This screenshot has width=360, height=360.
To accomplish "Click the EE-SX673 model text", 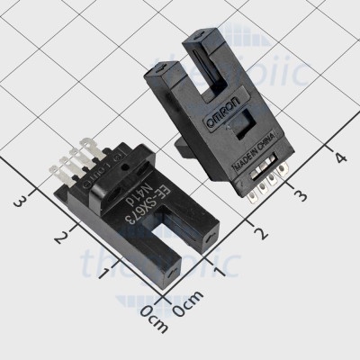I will tap(149, 203).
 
